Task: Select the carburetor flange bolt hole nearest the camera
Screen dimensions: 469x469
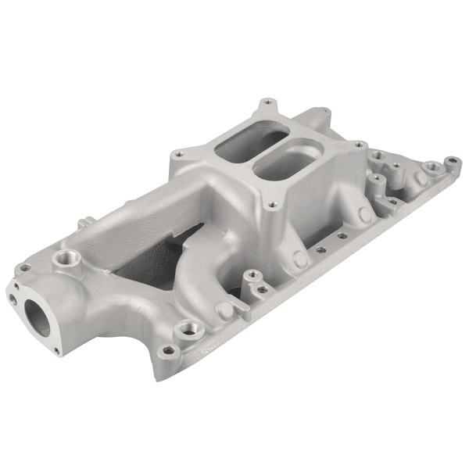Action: (272, 206)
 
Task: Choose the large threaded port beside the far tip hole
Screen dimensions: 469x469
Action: (429, 167)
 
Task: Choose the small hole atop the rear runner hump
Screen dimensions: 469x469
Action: (268, 102)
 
